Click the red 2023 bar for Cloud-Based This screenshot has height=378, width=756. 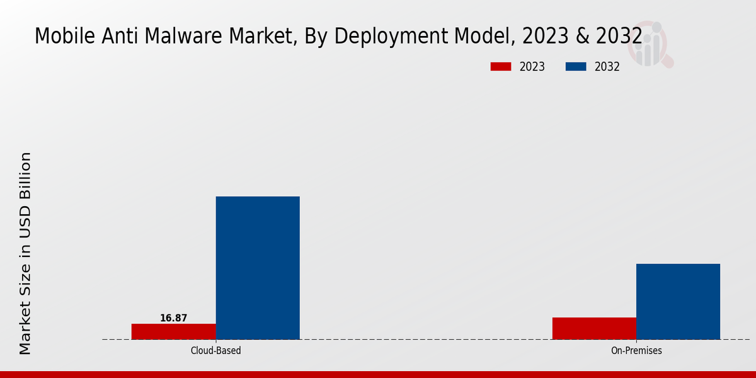click(x=173, y=331)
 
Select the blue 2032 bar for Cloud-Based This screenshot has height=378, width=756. click(x=258, y=268)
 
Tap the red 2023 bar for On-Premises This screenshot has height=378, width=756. click(x=594, y=328)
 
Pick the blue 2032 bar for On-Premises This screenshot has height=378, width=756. click(x=678, y=301)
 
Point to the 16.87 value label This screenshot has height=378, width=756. click(x=173, y=318)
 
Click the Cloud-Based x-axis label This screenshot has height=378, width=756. click(x=215, y=350)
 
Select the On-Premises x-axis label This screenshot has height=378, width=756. click(x=636, y=350)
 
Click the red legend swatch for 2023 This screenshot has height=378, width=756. click(x=500, y=67)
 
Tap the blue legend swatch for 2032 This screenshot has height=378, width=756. click(x=576, y=67)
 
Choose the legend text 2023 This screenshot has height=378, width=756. click(x=532, y=67)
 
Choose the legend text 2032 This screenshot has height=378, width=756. click(x=607, y=67)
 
